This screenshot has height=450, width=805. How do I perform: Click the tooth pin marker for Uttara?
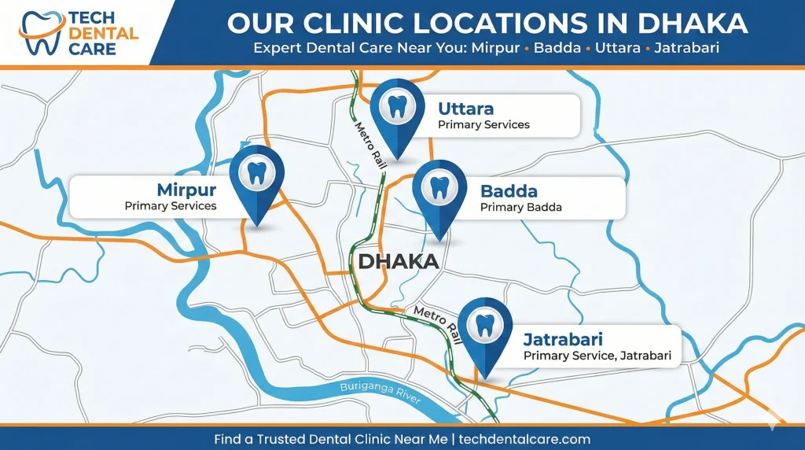pyautogui.click(x=399, y=109)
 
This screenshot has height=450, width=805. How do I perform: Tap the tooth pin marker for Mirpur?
pyautogui.click(x=256, y=175)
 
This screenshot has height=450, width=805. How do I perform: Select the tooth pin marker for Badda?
pyautogui.click(x=439, y=190)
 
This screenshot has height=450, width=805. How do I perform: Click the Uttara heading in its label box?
pyautogui.click(x=465, y=108)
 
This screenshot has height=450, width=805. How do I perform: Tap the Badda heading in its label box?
pyautogui.click(x=509, y=191)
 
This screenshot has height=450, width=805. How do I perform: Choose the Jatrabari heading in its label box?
pyautogui.click(x=563, y=340)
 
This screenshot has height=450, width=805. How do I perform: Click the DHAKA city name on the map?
pyautogui.click(x=398, y=261)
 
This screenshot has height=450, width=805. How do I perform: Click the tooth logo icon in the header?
pyautogui.click(x=39, y=32)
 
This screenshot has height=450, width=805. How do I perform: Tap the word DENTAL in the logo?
pyautogui.click(x=104, y=34)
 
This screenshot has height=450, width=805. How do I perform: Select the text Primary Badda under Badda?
pyautogui.click(x=520, y=208)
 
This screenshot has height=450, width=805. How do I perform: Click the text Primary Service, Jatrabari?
pyautogui.click(x=597, y=356)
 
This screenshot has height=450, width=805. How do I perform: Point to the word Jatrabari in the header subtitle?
pyautogui.click(x=689, y=48)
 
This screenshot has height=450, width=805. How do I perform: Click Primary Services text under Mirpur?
pyautogui.click(x=170, y=205)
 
